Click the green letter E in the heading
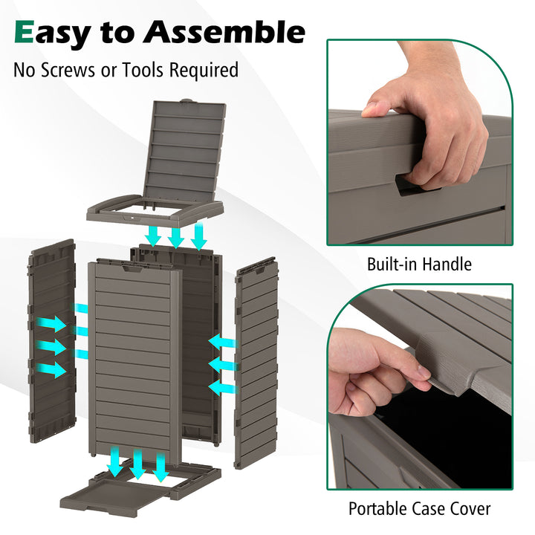(25, 32)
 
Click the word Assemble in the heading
(224, 32)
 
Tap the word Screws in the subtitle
(68, 70)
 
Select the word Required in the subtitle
(204, 71)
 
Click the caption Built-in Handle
(419, 264)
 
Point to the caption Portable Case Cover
(419, 509)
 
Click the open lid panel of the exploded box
(186, 152)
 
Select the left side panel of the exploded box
(52, 341)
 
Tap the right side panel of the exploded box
(256, 363)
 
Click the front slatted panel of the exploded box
(134, 362)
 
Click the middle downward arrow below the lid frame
(176, 237)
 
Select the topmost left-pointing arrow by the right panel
(222, 342)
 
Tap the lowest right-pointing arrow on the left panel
(51, 369)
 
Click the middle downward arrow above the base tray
(137, 464)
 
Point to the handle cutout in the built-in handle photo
(417, 185)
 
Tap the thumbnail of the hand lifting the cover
(424, 372)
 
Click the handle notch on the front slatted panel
(132, 269)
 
